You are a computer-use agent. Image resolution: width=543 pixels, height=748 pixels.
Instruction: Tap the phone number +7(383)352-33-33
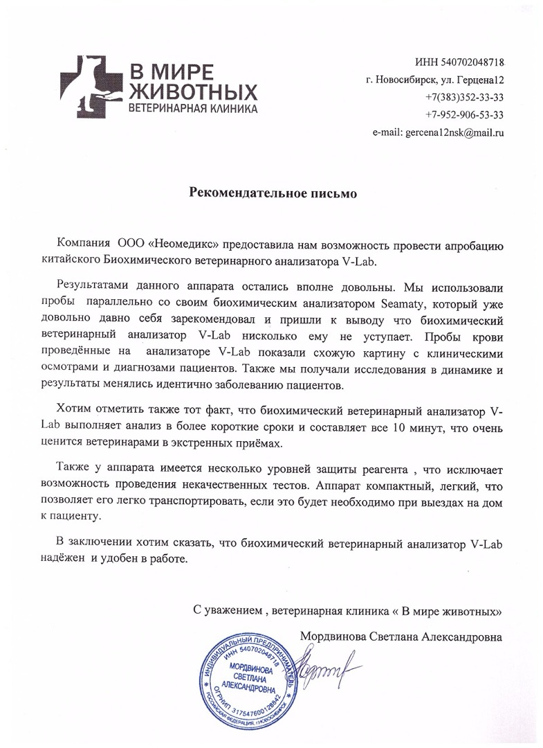464,97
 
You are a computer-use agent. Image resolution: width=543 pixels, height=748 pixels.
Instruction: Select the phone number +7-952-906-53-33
464,114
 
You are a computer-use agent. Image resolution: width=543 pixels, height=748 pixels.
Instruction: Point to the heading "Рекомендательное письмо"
273,193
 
